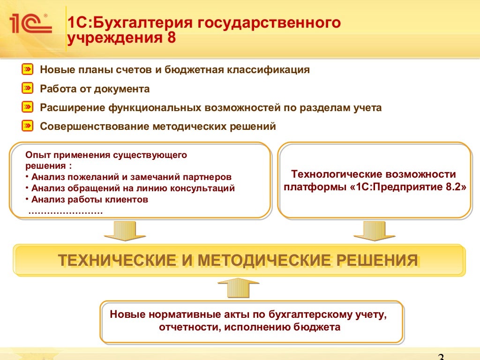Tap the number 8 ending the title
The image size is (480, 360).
click(171, 37)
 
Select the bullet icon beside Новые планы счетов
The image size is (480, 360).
click(28, 70)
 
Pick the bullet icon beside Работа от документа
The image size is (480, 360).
click(28, 89)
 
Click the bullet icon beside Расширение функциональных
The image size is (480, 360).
click(28, 107)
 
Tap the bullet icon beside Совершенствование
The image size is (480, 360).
click(28, 126)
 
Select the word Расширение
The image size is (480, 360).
click(72, 108)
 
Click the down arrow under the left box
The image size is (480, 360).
click(119, 232)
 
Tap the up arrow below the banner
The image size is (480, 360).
click(238, 287)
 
